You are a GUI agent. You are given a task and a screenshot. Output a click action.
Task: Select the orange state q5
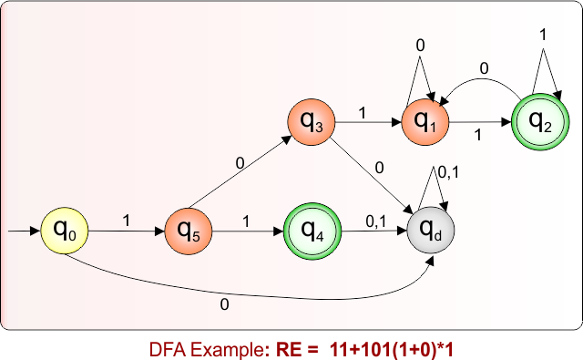click(x=189, y=231)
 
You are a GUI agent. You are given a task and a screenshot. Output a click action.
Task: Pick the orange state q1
click(x=425, y=122)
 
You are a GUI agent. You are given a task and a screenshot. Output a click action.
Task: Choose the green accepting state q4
click(x=312, y=231)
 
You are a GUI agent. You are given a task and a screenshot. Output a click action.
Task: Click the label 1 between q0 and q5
click(x=126, y=221)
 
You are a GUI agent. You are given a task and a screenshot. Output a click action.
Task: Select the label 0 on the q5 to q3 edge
click(x=240, y=164)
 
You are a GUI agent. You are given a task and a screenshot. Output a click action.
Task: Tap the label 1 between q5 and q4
click(x=246, y=221)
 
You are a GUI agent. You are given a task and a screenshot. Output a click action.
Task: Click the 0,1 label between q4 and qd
click(x=374, y=221)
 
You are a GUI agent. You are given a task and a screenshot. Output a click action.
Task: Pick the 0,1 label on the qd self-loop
click(x=448, y=170)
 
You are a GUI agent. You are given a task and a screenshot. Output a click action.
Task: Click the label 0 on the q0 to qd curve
click(x=225, y=305)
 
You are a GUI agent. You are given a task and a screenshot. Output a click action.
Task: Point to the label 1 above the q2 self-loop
click(x=544, y=34)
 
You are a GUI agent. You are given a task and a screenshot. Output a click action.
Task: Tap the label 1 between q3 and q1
click(x=363, y=114)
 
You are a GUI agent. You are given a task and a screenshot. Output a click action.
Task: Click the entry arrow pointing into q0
click(x=24, y=231)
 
